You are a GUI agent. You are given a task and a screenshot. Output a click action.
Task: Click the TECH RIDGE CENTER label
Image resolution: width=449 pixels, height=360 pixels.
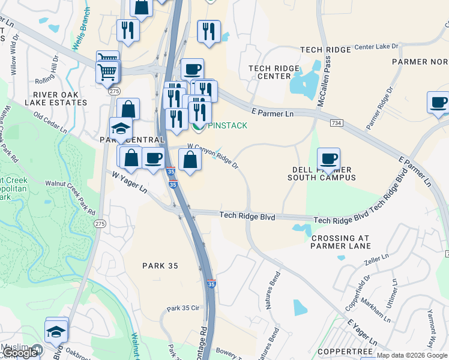(274, 72)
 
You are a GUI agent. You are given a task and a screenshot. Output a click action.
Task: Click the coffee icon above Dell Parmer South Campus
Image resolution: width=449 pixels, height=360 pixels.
(328, 159)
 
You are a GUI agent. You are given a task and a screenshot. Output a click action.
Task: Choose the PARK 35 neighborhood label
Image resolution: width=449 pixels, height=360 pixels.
(161, 265)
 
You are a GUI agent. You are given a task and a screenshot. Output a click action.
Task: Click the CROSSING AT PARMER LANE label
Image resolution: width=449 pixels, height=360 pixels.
(341, 242)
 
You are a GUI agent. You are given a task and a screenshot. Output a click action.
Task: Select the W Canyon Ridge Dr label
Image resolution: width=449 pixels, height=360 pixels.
(213, 155)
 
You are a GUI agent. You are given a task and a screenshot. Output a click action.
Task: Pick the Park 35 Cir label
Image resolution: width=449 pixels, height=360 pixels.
(182, 308)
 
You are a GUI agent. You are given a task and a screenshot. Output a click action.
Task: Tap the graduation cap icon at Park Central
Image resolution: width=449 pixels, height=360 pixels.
(121, 128)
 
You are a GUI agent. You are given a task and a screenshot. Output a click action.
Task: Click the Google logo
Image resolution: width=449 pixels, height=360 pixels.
(20, 353)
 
